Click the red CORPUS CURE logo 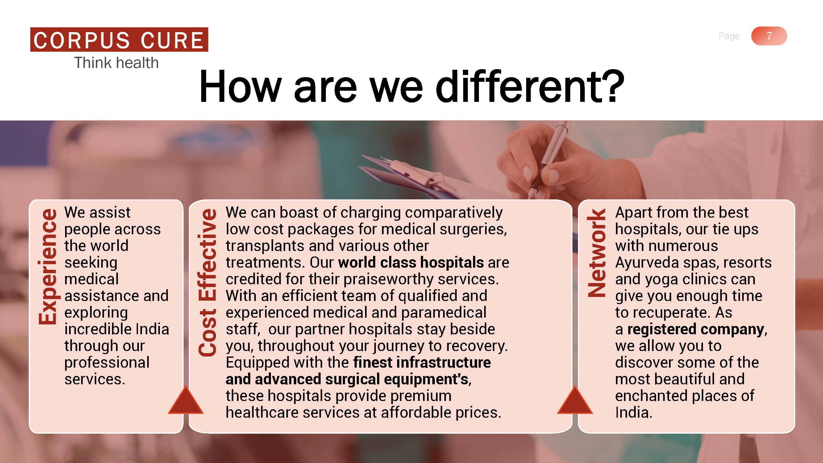point(119,40)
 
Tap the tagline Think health point(117,63)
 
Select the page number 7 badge point(769,36)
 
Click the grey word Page point(729,36)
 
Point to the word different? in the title point(530,87)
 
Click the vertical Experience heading point(48,267)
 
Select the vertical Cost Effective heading point(207,282)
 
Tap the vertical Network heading point(596,253)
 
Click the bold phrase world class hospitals point(411,262)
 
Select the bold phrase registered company point(696,329)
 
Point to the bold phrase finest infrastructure point(422,362)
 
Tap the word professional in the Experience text point(107,363)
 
